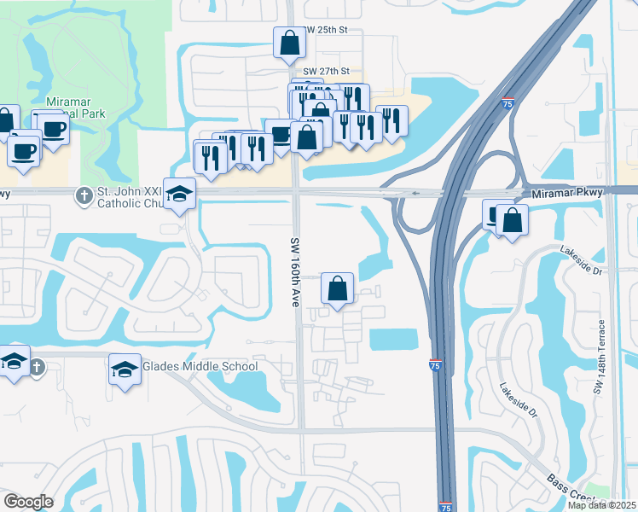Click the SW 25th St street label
[x=326, y=29]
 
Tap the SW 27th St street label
[x=326, y=72]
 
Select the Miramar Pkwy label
[x=567, y=193]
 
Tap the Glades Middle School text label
[x=200, y=367]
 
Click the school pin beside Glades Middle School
[x=125, y=370]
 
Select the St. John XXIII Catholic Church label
[x=128, y=196]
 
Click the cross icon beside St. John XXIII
[x=84, y=196]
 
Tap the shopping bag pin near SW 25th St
[x=289, y=42]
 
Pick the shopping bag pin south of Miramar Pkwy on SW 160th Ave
[x=338, y=288]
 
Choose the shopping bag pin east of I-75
[x=512, y=221]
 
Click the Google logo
[x=28, y=502]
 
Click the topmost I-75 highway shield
[x=507, y=103]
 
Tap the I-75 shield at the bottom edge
[x=446, y=506]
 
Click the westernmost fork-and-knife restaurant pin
[x=209, y=157]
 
